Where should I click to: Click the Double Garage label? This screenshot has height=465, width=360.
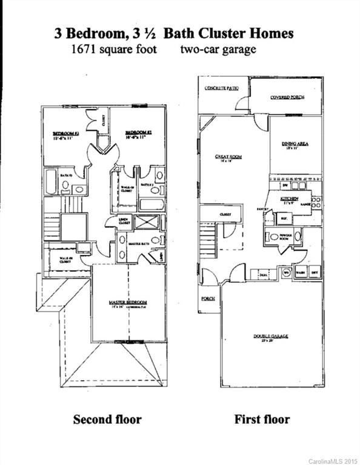(271, 336)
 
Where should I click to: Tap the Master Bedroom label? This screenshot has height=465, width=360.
(128, 302)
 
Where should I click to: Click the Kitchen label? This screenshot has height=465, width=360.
(288, 198)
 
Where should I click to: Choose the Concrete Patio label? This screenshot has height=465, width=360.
(221, 88)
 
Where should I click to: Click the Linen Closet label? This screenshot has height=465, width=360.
(124, 220)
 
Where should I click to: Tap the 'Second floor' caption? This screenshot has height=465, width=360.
(107, 419)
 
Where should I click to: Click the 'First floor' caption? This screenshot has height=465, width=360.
(262, 419)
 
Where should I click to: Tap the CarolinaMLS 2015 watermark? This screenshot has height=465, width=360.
(332, 461)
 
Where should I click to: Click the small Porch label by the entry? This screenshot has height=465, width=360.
(208, 298)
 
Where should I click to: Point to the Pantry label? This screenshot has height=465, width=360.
(262, 209)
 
